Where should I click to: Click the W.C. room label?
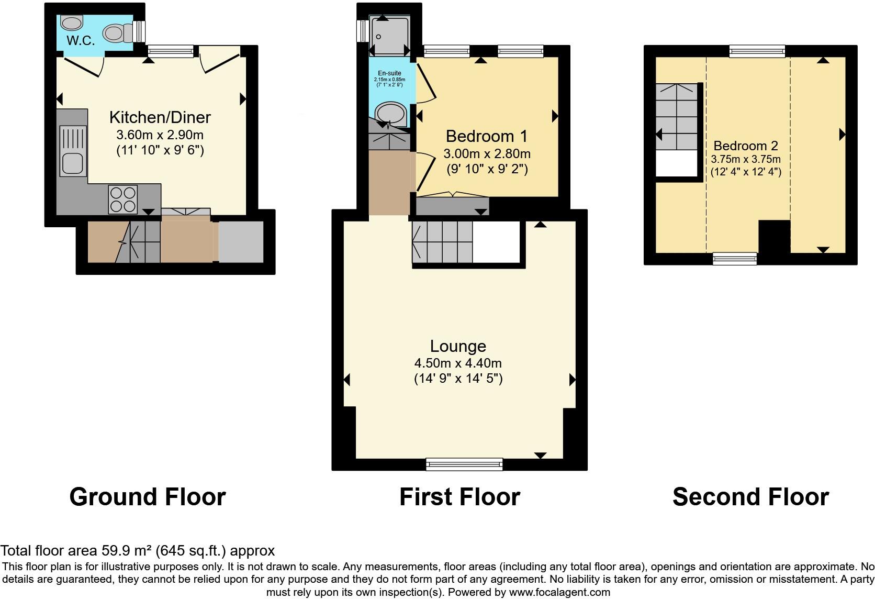81,41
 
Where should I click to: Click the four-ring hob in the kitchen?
123,199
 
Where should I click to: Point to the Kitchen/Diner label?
160,117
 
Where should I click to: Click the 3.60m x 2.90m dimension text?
160,135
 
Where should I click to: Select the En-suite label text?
389,73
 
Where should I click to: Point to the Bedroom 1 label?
487,136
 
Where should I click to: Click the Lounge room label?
458,346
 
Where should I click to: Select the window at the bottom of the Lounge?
464,463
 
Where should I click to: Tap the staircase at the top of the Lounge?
442,242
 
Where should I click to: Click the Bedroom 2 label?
746,146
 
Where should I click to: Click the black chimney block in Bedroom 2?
774,237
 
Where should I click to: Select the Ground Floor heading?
148,497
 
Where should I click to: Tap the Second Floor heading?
750,497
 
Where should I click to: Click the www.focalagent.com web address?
559,593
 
